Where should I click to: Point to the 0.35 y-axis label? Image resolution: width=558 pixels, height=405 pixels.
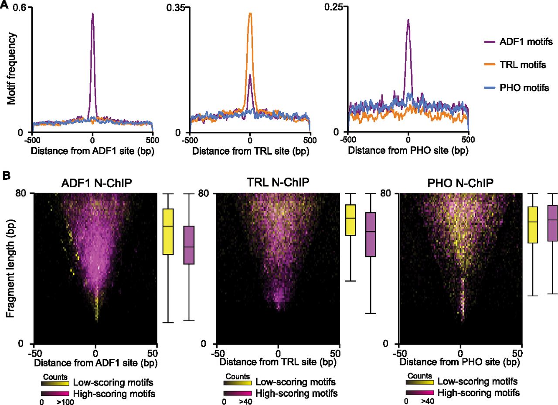[x=179, y=7]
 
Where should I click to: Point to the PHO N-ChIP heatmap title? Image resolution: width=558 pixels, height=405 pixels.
[x=460, y=183]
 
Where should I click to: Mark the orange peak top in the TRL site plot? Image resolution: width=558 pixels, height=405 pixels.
[x=250, y=13]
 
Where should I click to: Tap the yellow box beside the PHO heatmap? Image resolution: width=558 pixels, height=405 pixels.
[x=532, y=225]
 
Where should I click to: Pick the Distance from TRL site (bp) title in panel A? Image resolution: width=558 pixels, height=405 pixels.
[x=249, y=152]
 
